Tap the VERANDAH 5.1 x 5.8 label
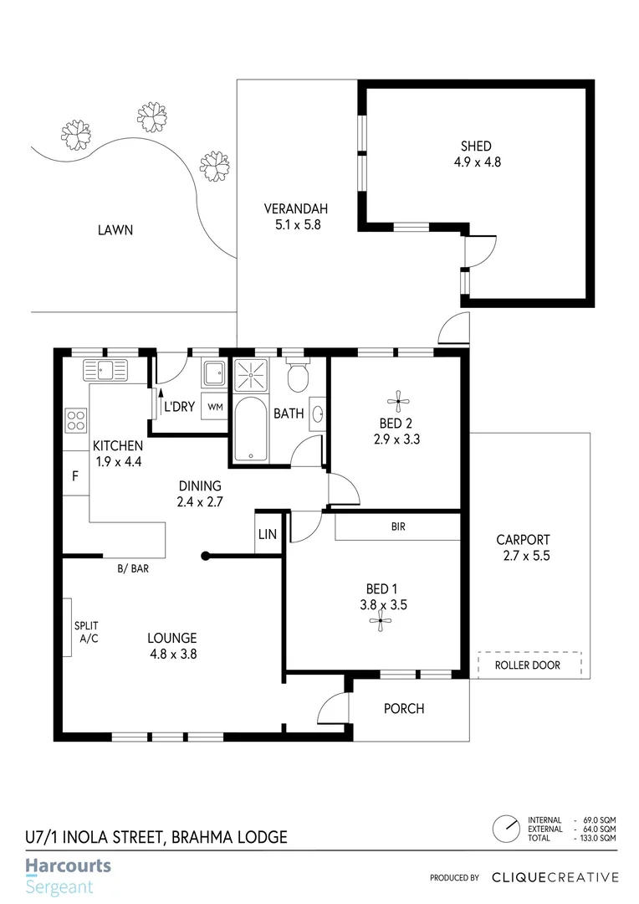(x=295, y=217)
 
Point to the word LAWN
(x=115, y=229)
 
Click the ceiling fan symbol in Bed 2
(x=396, y=398)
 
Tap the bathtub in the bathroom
(x=248, y=430)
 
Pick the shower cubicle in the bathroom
(x=248, y=374)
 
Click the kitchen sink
(x=104, y=369)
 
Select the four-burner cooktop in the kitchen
(x=77, y=419)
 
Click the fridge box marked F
(x=75, y=478)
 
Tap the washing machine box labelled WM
(x=215, y=407)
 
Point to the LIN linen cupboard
(x=267, y=533)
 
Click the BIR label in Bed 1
(x=398, y=527)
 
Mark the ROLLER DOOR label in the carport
(x=528, y=665)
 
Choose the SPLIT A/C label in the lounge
(x=86, y=632)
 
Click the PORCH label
(x=404, y=709)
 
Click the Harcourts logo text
(x=68, y=866)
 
